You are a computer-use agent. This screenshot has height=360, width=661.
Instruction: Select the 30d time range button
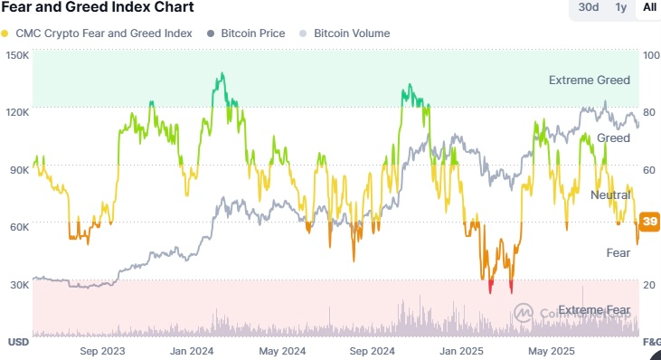pyautogui.click(x=589, y=7)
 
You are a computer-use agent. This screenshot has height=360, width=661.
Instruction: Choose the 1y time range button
pyautogui.click(x=620, y=7)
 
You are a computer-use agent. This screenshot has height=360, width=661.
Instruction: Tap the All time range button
pyautogui.click(x=648, y=7)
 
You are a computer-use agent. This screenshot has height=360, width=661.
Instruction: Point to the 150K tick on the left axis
pyautogui.click(x=18, y=55)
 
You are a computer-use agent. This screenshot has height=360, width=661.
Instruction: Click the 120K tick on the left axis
pyautogui.click(x=18, y=112)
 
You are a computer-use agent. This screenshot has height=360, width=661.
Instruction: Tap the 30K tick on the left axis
pyautogui.click(x=18, y=284)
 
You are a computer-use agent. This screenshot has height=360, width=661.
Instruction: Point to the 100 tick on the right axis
pyautogui.click(x=649, y=55)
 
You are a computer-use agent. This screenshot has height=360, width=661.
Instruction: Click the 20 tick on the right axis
pyautogui.click(x=648, y=284)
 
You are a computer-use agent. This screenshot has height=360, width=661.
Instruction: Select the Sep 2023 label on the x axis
pyautogui.click(x=102, y=350)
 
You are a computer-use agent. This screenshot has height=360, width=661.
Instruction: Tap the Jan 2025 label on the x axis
pyautogui.click(x=463, y=350)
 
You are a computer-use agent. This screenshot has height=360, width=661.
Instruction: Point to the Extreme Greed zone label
pyautogui.click(x=589, y=81)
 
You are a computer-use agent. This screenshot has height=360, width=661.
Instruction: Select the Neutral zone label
pyautogui.click(x=609, y=195)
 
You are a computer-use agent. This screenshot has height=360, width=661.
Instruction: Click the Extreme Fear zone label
pyautogui.click(x=593, y=310)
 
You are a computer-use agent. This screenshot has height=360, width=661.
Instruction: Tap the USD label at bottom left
pyautogui.click(x=18, y=342)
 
